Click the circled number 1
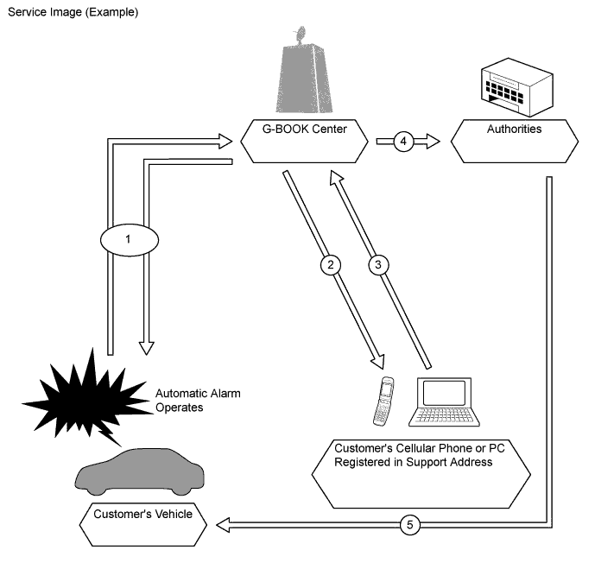click(x=128, y=239)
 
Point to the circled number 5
click(x=413, y=524)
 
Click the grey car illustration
click(x=140, y=471)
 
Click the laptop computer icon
click(x=446, y=402)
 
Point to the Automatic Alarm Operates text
click(x=197, y=401)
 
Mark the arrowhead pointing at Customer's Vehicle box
click(x=223, y=524)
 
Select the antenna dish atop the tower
click(x=300, y=36)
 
